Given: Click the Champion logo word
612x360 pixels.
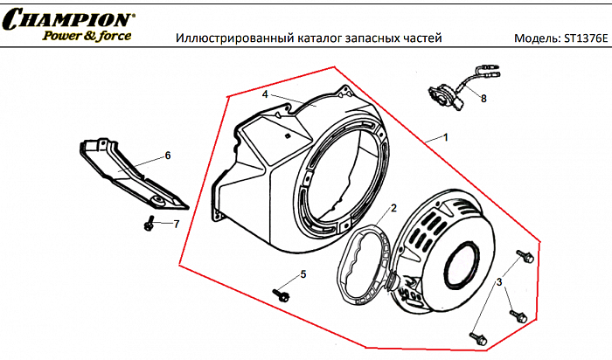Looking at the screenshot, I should (68, 17).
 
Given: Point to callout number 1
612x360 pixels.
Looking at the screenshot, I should (446, 138).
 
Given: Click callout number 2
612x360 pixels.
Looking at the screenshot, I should (394, 208).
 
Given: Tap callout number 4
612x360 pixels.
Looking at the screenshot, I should (265, 93).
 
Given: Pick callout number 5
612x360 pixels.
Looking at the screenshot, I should (303, 274).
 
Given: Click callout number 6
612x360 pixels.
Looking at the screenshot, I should (168, 156).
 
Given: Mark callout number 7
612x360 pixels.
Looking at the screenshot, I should (176, 225).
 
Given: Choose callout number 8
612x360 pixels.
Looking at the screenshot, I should (483, 99).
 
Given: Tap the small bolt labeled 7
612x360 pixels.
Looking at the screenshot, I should (150, 225).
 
